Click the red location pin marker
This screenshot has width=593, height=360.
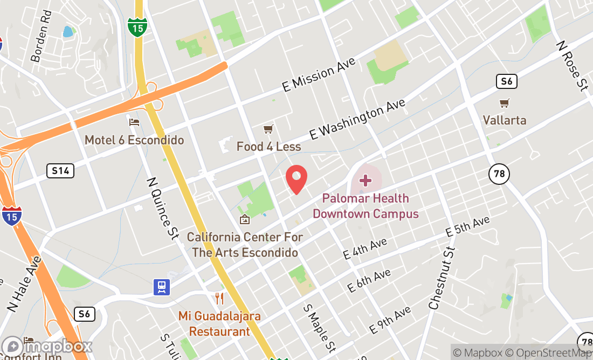point(296,179)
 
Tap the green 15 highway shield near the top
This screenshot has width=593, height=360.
point(137,26)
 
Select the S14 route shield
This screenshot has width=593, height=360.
point(60,171)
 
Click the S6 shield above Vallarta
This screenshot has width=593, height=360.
point(507,81)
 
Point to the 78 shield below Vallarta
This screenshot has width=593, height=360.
point(499,174)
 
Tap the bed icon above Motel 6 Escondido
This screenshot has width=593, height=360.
point(134,122)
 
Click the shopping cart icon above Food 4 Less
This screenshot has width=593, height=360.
point(268,129)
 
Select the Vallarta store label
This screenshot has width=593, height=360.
point(504,120)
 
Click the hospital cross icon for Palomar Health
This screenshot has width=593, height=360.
point(366,180)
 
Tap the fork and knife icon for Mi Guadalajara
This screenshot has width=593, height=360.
point(219,298)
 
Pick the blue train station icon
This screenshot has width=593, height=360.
point(161,287)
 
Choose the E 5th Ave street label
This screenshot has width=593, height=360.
point(467,227)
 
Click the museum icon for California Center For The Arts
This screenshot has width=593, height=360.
point(245,219)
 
